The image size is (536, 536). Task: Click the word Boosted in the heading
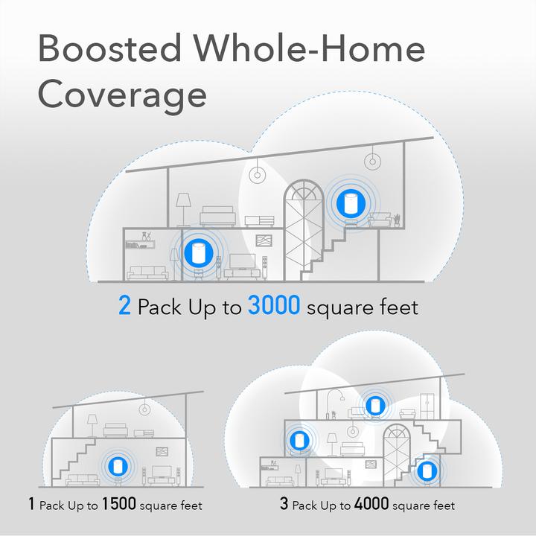click(x=109, y=48)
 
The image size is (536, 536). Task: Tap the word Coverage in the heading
click(x=122, y=95)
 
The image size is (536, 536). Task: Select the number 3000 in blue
click(x=274, y=306)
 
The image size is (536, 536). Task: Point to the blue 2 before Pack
click(x=124, y=306)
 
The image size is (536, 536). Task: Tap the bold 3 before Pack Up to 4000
click(x=284, y=505)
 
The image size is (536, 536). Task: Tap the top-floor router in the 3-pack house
click(x=374, y=406)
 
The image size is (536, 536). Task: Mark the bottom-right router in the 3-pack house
click(x=425, y=472)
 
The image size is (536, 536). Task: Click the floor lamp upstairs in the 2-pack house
click(x=183, y=205)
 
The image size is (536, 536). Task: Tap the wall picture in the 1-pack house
click(x=162, y=451)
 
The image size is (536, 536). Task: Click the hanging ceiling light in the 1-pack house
click(x=143, y=406)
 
